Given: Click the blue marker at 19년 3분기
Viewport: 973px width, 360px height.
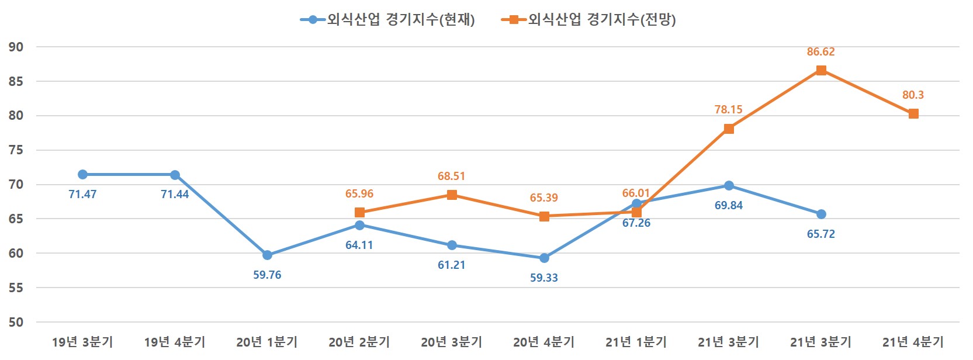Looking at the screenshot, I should click(82, 175).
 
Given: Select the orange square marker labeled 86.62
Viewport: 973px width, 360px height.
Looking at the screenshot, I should click(821, 71).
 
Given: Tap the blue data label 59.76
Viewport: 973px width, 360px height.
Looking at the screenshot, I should click(267, 275).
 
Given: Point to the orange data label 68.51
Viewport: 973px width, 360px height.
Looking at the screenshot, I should click(452, 176).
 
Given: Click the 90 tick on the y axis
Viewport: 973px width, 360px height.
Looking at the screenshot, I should click(16, 47).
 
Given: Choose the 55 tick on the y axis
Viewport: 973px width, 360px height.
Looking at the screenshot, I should click(16, 288).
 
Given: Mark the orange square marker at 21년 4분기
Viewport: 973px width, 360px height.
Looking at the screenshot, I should click(913, 114).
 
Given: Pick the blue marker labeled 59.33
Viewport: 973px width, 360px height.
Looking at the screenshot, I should click(544, 258).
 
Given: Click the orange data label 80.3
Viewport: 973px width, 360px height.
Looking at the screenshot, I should click(913, 95).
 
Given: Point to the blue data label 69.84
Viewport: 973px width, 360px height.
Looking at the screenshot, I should click(729, 206).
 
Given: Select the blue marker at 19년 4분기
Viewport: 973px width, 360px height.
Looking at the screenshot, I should click(175, 175).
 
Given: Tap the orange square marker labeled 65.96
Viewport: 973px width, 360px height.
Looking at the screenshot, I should click(359, 213).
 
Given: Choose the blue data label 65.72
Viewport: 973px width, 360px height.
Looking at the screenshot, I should click(821, 234).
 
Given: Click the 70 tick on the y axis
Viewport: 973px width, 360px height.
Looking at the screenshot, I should click(16, 185).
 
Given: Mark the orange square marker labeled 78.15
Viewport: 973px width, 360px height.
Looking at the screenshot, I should click(729, 129).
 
